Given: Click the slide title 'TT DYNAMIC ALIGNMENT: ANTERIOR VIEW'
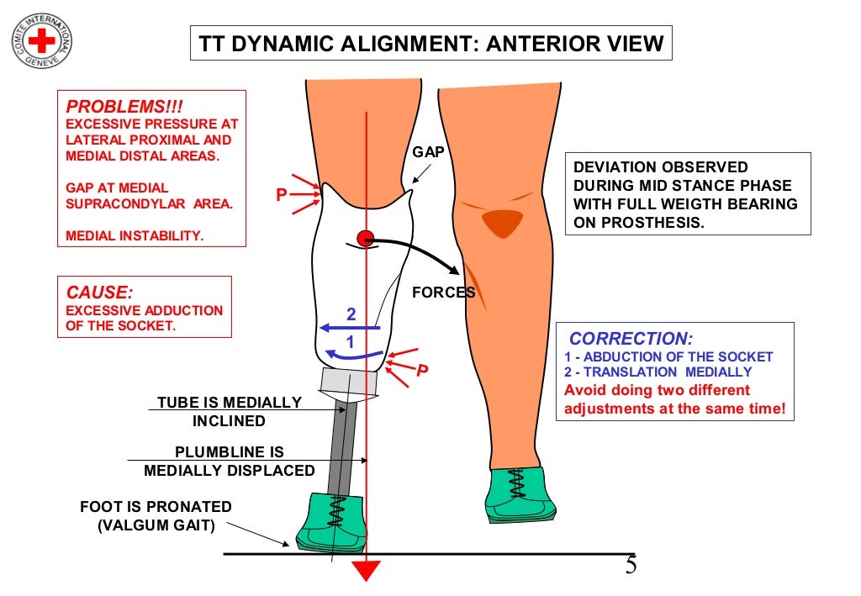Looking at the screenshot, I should [430, 43].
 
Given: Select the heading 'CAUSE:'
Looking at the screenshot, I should [99, 292].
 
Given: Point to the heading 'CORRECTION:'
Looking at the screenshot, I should [631, 339].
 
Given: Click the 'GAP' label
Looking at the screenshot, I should [428, 152].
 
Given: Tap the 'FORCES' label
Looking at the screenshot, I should [443, 293].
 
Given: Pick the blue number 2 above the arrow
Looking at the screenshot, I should [351, 314].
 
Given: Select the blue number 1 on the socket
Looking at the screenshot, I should [351, 342].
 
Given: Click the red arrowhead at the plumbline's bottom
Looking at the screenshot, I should [366, 570].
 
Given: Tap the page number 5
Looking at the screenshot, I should [631, 565].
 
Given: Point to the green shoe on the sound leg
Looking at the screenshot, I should [520, 495].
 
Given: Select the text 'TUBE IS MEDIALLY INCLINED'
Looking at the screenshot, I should [229, 411].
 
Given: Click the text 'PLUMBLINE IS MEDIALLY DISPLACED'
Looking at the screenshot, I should [229, 462].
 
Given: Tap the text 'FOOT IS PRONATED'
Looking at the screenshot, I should [156, 507].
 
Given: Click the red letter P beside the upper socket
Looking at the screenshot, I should [283, 195].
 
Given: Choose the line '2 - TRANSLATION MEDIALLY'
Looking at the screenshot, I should [658, 372].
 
